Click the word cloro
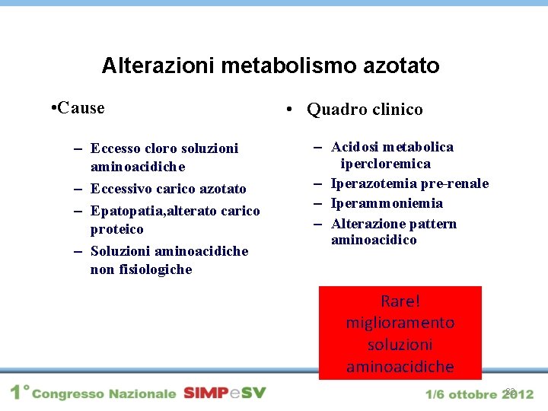pos(162,148)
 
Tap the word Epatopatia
pos(125,210)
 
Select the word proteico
pos(116,229)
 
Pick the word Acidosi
pos(354,147)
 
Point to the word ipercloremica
pos(386,164)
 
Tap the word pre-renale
pos(454,183)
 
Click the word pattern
pos(434,224)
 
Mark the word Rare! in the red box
pos(400,301)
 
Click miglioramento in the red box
pos(400,323)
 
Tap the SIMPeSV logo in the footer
pos(225,393)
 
